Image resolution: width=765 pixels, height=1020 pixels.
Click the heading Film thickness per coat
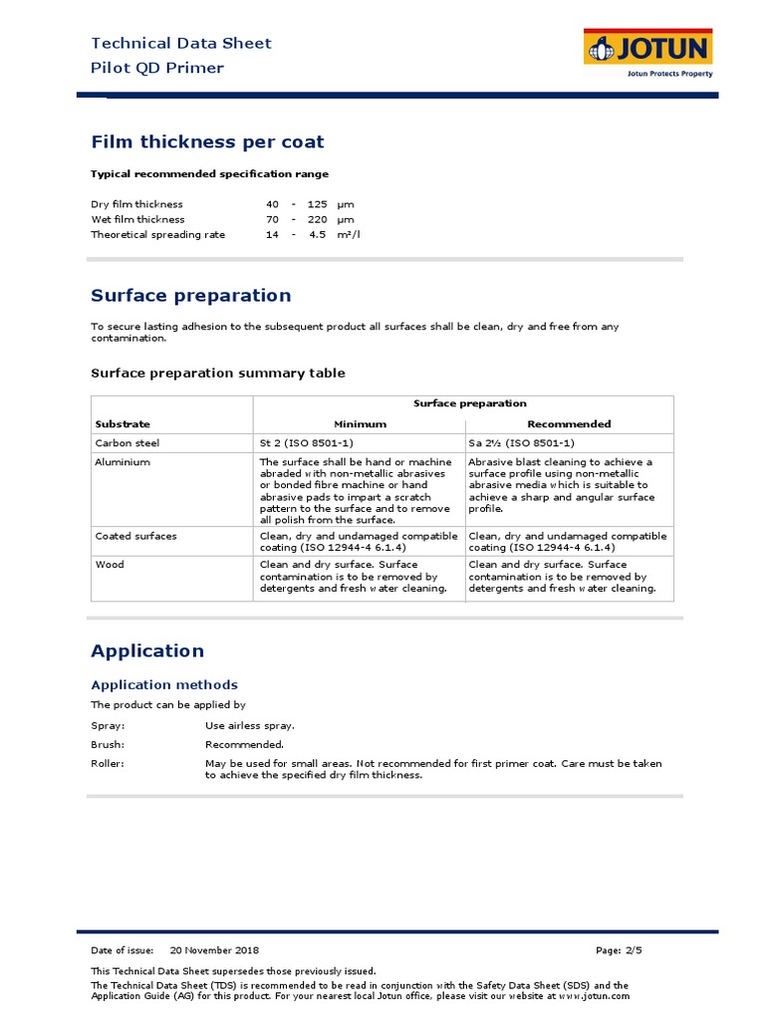coord(207,142)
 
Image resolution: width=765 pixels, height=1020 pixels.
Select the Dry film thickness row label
coord(136,204)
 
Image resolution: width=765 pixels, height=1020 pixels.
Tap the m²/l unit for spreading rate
coord(347,235)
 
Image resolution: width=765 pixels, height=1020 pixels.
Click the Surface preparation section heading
coord(191,296)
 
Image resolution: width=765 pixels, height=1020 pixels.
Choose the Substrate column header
coord(123,424)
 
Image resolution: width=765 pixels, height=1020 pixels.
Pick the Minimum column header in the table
coord(359,424)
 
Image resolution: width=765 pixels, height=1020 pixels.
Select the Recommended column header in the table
coord(569,424)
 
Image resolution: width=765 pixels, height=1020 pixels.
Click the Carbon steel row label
coord(127,443)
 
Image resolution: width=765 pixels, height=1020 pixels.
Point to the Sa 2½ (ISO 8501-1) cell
coord(521,443)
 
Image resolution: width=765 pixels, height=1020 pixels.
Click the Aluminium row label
coord(123,462)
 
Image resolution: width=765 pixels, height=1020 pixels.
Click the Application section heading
coord(147,651)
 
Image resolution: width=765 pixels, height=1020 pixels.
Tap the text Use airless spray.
coord(250,726)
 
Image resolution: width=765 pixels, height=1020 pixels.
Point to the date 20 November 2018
coord(214,950)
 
